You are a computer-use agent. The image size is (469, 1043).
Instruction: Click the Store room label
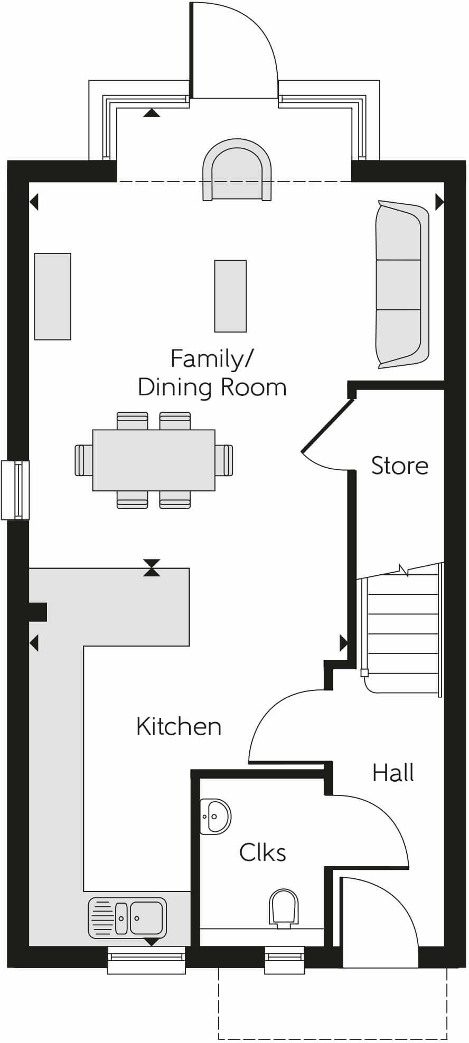point(399,466)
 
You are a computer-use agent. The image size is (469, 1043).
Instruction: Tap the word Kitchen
point(179,726)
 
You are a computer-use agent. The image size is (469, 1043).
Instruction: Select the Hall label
point(393,773)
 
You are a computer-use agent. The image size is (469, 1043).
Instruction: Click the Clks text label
point(262,852)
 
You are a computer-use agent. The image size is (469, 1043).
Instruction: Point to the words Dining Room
point(212,387)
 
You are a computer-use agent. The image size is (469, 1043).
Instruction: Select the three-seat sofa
point(402,285)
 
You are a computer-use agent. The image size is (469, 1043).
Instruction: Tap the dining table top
point(154,460)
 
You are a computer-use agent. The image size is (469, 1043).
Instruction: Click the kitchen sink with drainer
point(127,918)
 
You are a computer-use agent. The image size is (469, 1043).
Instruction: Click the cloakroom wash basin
point(215,816)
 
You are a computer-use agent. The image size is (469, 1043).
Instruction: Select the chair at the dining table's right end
point(224,460)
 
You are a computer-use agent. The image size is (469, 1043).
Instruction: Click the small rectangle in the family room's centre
point(230,296)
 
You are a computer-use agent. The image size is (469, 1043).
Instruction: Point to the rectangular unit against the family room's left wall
point(53,296)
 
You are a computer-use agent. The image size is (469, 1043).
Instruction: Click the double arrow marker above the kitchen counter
point(152,567)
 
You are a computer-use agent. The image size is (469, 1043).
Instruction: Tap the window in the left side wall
point(16,490)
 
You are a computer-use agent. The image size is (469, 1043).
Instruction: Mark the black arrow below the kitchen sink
point(152,942)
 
